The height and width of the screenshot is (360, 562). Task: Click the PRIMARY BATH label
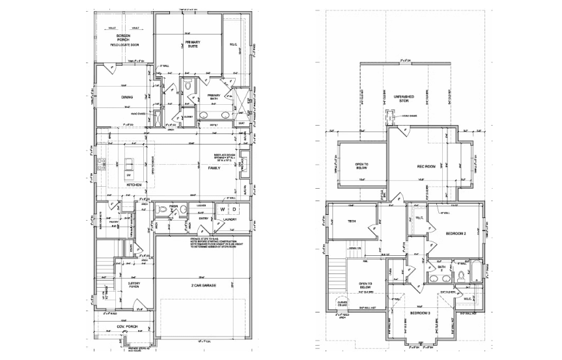pos(214,98)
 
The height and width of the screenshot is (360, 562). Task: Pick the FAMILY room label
pos(214,167)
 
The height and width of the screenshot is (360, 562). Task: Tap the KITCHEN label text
pos(134,186)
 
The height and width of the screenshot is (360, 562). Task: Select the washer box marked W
pos(222,210)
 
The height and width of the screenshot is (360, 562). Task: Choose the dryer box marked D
pos(234,210)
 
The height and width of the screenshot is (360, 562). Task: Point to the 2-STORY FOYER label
pos(133,285)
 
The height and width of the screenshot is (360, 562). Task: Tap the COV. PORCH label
pos(125,326)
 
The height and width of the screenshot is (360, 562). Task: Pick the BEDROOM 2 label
pos(456,232)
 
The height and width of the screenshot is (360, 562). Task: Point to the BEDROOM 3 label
pos(420,313)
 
